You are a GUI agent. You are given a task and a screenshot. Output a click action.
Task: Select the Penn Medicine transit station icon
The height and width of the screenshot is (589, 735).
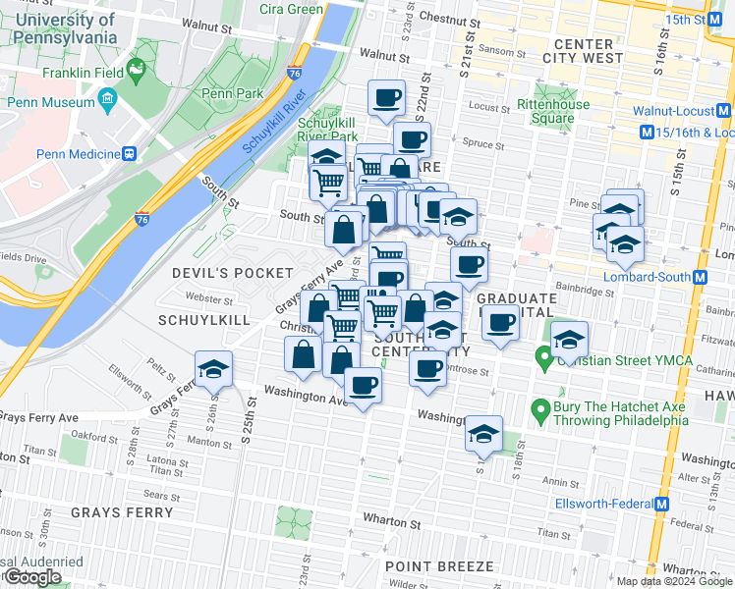[x=129, y=153]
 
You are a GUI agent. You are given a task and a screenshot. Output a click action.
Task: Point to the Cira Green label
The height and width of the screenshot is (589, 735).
[x=291, y=9]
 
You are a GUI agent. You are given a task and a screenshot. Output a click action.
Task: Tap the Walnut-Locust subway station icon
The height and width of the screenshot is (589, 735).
[x=723, y=111]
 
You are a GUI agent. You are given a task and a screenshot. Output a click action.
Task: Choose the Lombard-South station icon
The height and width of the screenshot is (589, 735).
[x=700, y=277]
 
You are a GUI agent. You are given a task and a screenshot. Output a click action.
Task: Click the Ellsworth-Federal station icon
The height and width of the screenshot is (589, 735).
[x=662, y=505]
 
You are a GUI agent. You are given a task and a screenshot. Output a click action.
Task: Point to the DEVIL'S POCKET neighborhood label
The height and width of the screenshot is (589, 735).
[x=233, y=273]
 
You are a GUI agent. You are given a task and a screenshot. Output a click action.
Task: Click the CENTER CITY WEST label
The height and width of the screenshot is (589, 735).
[x=588, y=51]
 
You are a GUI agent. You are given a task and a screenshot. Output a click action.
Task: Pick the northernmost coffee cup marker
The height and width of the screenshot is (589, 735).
[x=386, y=97]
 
